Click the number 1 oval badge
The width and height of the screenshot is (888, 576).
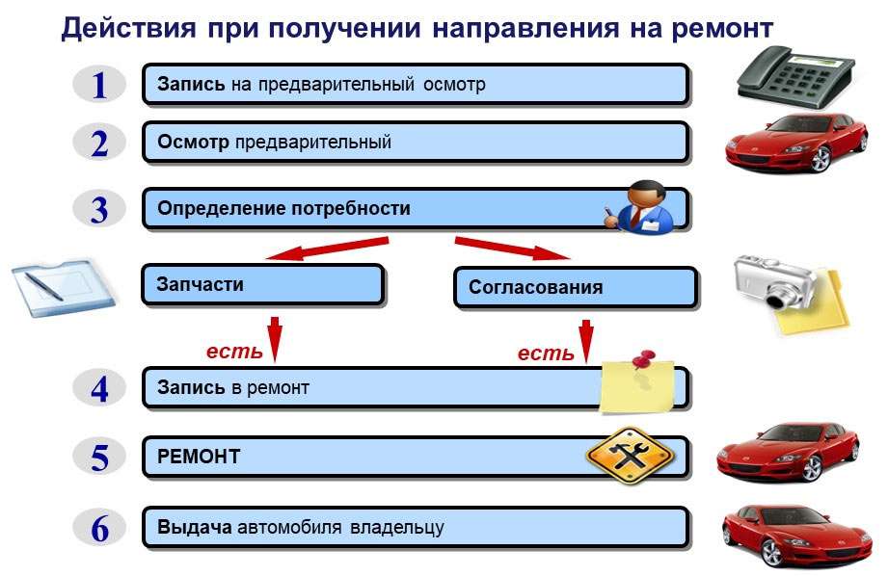click(x=99, y=85)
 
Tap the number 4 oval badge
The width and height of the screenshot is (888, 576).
click(x=99, y=388)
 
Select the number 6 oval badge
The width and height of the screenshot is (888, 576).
click(x=99, y=529)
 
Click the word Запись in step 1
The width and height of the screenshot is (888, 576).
click(x=191, y=85)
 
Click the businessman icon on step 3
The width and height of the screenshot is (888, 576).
click(x=640, y=205)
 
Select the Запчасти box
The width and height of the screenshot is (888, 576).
click(x=262, y=285)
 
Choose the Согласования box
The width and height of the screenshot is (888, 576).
click(x=574, y=287)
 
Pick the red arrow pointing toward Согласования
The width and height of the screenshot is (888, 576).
click(x=512, y=248)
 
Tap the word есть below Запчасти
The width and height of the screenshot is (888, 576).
click(x=234, y=352)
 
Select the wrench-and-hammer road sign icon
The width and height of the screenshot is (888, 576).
click(x=630, y=455)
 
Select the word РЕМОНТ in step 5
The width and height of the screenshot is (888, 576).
click(x=199, y=458)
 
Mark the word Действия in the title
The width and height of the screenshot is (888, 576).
click(x=129, y=28)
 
